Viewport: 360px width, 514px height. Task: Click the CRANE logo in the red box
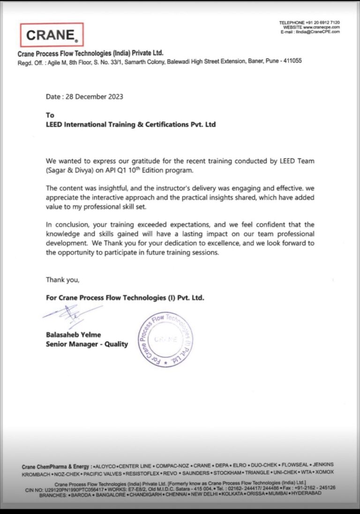[x=52, y=35]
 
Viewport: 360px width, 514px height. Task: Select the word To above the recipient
[x=50, y=115]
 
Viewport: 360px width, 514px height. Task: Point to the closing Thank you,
[x=62, y=280]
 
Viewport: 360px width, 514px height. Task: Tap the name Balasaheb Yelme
[x=73, y=335]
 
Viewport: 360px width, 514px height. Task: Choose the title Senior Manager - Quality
[x=87, y=344]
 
